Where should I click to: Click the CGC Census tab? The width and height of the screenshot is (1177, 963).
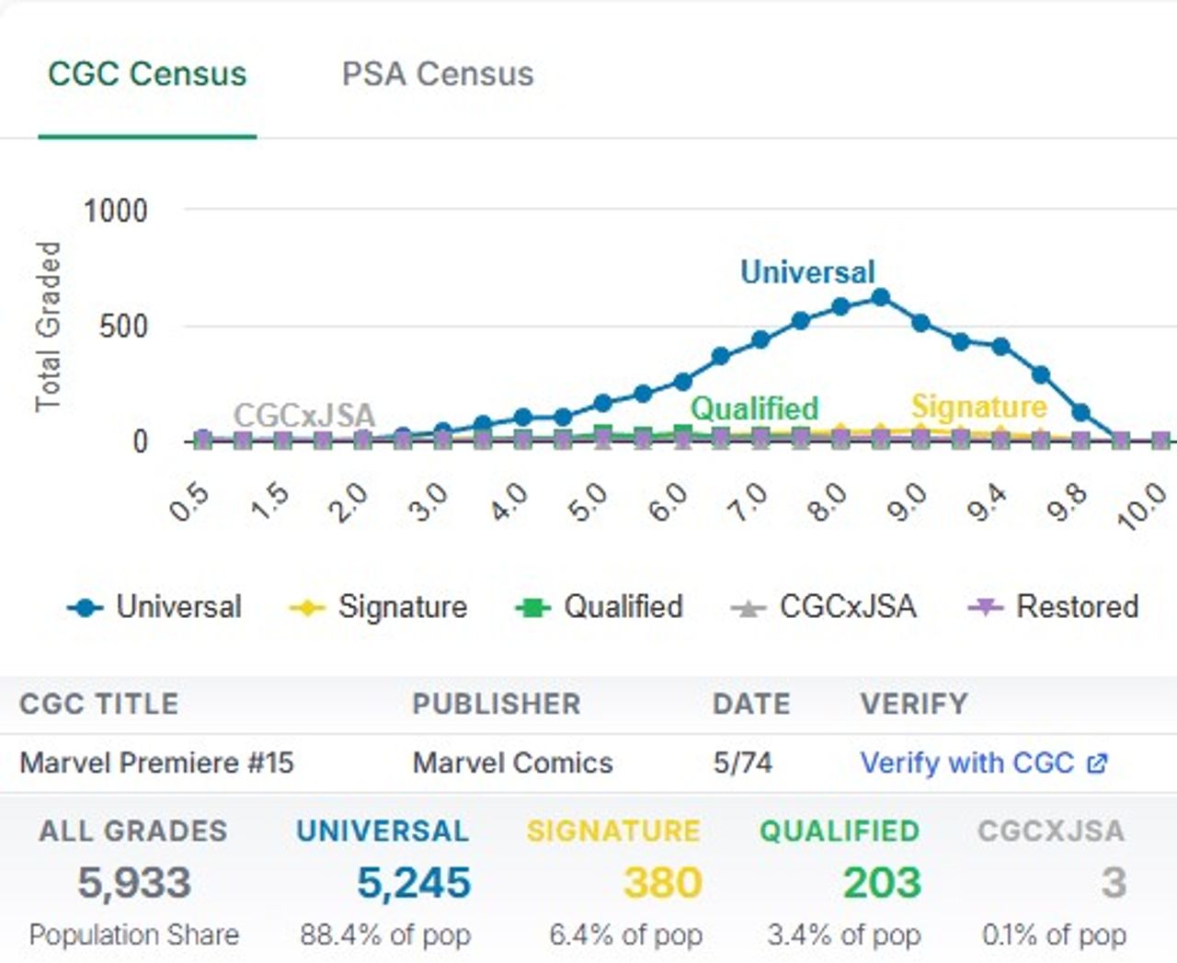147,74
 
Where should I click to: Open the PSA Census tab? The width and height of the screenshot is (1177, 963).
438,74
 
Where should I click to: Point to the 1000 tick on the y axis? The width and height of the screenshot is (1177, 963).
115,211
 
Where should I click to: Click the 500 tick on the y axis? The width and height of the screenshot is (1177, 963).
123,327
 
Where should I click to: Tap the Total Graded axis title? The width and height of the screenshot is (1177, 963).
48,327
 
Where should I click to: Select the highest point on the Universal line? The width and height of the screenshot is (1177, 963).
880,297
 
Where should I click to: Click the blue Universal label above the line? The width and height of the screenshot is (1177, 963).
807,272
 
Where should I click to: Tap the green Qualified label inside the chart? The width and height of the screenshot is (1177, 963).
754,408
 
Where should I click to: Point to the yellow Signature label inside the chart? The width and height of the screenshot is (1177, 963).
978,407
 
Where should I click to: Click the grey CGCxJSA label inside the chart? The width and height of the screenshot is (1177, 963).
304,416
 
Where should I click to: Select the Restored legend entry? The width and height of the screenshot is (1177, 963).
1055,607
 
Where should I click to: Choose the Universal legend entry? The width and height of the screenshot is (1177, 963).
154,607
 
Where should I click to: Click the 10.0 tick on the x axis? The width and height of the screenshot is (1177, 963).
1142,507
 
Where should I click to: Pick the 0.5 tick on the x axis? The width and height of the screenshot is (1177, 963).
190,503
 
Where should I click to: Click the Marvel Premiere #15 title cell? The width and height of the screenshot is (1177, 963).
156,762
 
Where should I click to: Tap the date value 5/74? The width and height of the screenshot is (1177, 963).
742,762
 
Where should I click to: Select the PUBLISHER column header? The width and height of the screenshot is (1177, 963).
497,704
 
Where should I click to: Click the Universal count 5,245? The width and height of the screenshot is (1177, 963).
414,883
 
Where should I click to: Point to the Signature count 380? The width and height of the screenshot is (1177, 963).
662,883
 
